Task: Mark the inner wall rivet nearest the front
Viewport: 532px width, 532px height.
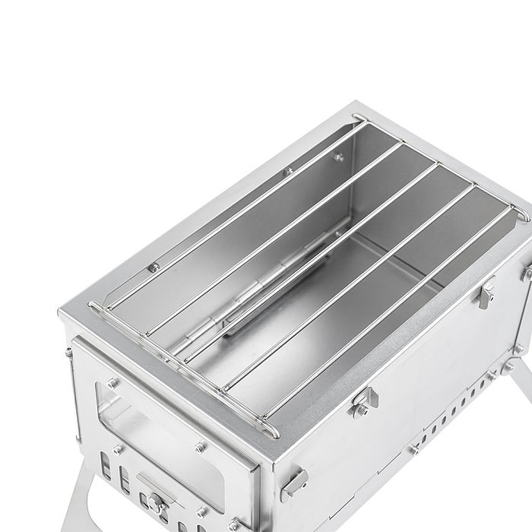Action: click(x=154, y=268)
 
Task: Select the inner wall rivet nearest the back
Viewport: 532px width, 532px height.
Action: click(x=339, y=157)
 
